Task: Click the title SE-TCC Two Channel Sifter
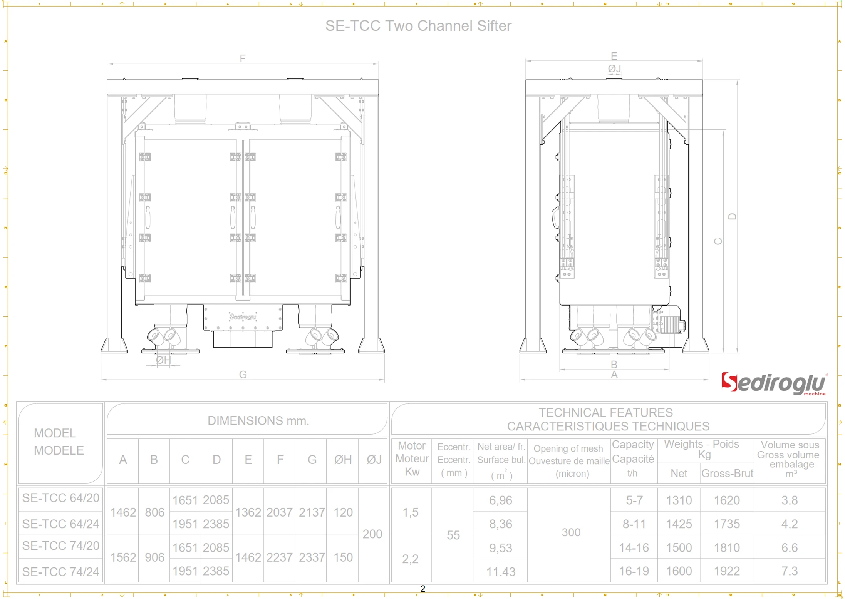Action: click(418, 26)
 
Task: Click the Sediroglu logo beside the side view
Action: click(773, 383)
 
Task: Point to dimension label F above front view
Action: click(242, 58)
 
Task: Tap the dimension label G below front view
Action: click(243, 374)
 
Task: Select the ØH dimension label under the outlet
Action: click(163, 360)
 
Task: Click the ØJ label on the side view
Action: click(614, 69)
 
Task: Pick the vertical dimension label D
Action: click(732, 216)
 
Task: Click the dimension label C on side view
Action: click(718, 241)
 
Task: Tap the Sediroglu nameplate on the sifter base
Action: click(243, 317)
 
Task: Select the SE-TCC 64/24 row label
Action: click(60, 524)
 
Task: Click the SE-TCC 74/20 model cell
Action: click(60, 545)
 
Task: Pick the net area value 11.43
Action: click(500, 572)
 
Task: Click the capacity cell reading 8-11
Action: click(634, 524)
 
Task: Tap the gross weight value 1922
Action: click(727, 571)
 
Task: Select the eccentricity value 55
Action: click(453, 535)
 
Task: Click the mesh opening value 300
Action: click(571, 532)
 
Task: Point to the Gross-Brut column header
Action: click(727, 473)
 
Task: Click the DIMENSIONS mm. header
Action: click(258, 420)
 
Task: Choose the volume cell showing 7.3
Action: click(789, 571)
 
